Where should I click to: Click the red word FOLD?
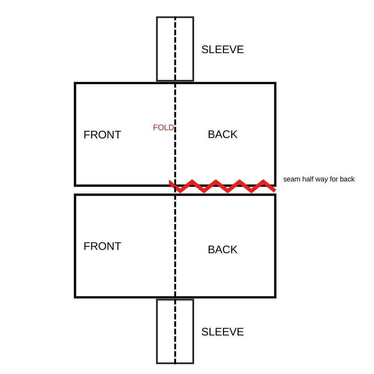(x=163, y=128)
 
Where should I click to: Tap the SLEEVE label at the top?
(x=223, y=49)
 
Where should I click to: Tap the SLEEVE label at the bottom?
(x=223, y=332)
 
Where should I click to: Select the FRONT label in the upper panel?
(x=102, y=135)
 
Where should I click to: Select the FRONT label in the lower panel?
(x=102, y=246)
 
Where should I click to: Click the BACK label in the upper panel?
(x=223, y=134)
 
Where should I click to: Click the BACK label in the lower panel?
(x=223, y=249)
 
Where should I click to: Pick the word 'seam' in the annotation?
(x=291, y=179)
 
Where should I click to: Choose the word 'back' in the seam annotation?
(x=347, y=179)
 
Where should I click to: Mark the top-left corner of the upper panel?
(x=76, y=83)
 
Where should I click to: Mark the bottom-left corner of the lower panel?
(x=76, y=297)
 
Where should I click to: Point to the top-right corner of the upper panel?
(x=275, y=83)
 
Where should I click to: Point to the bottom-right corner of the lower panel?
(x=275, y=297)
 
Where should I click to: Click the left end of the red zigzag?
(x=170, y=182)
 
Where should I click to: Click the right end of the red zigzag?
(x=275, y=190)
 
